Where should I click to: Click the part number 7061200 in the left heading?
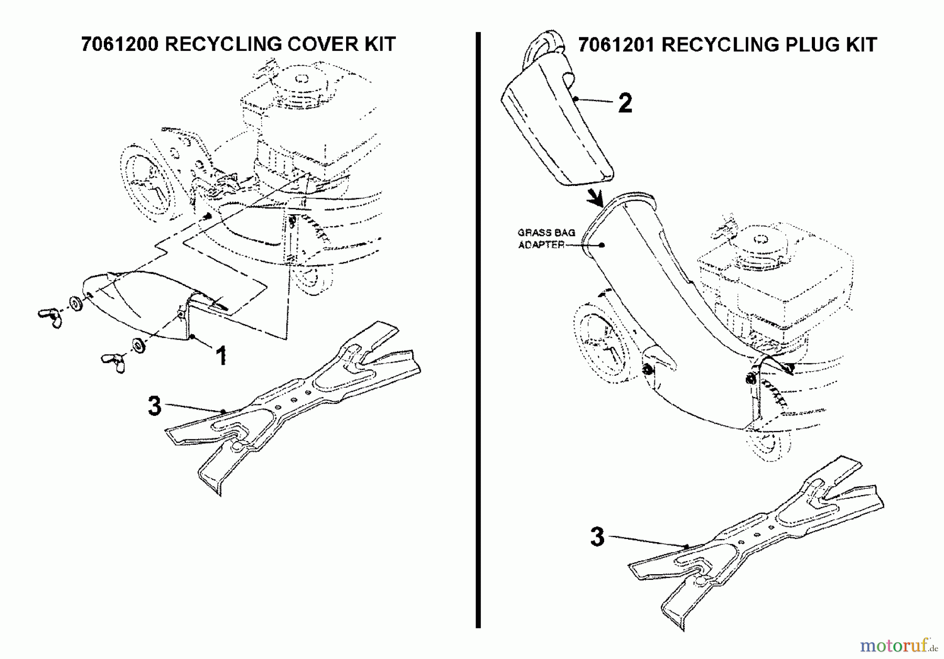[120, 45]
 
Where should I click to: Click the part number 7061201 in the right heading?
[616, 45]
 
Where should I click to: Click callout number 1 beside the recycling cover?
[221, 356]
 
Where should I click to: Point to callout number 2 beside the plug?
[625, 103]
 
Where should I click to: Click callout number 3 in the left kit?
[154, 406]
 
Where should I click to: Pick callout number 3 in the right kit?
[597, 537]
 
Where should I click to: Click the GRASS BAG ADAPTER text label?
[545, 238]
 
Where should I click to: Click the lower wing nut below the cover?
[113, 361]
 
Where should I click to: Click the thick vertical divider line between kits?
[478, 330]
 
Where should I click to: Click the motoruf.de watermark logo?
[897, 645]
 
